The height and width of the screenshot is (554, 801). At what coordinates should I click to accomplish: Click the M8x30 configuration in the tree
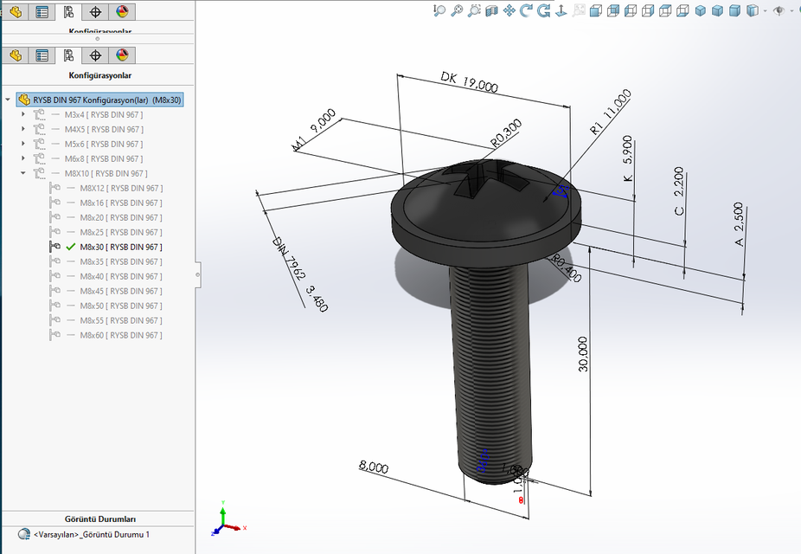pyautogui.click(x=120, y=247)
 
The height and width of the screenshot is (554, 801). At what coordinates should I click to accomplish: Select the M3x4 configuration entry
pyautogui.click(x=103, y=114)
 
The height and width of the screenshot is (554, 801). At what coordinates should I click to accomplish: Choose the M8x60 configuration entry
pyautogui.click(x=120, y=335)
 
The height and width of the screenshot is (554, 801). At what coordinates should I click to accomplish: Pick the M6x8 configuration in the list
pyautogui.click(x=103, y=158)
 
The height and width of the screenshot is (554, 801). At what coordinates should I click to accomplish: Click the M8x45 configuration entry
pyautogui.click(x=120, y=291)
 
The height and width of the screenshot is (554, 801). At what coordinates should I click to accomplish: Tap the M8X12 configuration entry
pyautogui.click(x=120, y=188)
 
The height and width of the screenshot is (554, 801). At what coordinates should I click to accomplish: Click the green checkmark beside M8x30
pyautogui.click(x=70, y=247)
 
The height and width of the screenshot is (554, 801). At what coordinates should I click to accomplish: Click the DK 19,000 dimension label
pyautogui.click(x=469, y=82)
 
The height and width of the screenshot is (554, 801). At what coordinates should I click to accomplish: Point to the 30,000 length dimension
pyautogui.click(x=583, y=353)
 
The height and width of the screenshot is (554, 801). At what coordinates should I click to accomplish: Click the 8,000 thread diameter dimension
pyautogui.click(x=374, y=467)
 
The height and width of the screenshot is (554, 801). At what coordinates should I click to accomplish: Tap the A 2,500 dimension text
pyautogui.click(x=739, y=225)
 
